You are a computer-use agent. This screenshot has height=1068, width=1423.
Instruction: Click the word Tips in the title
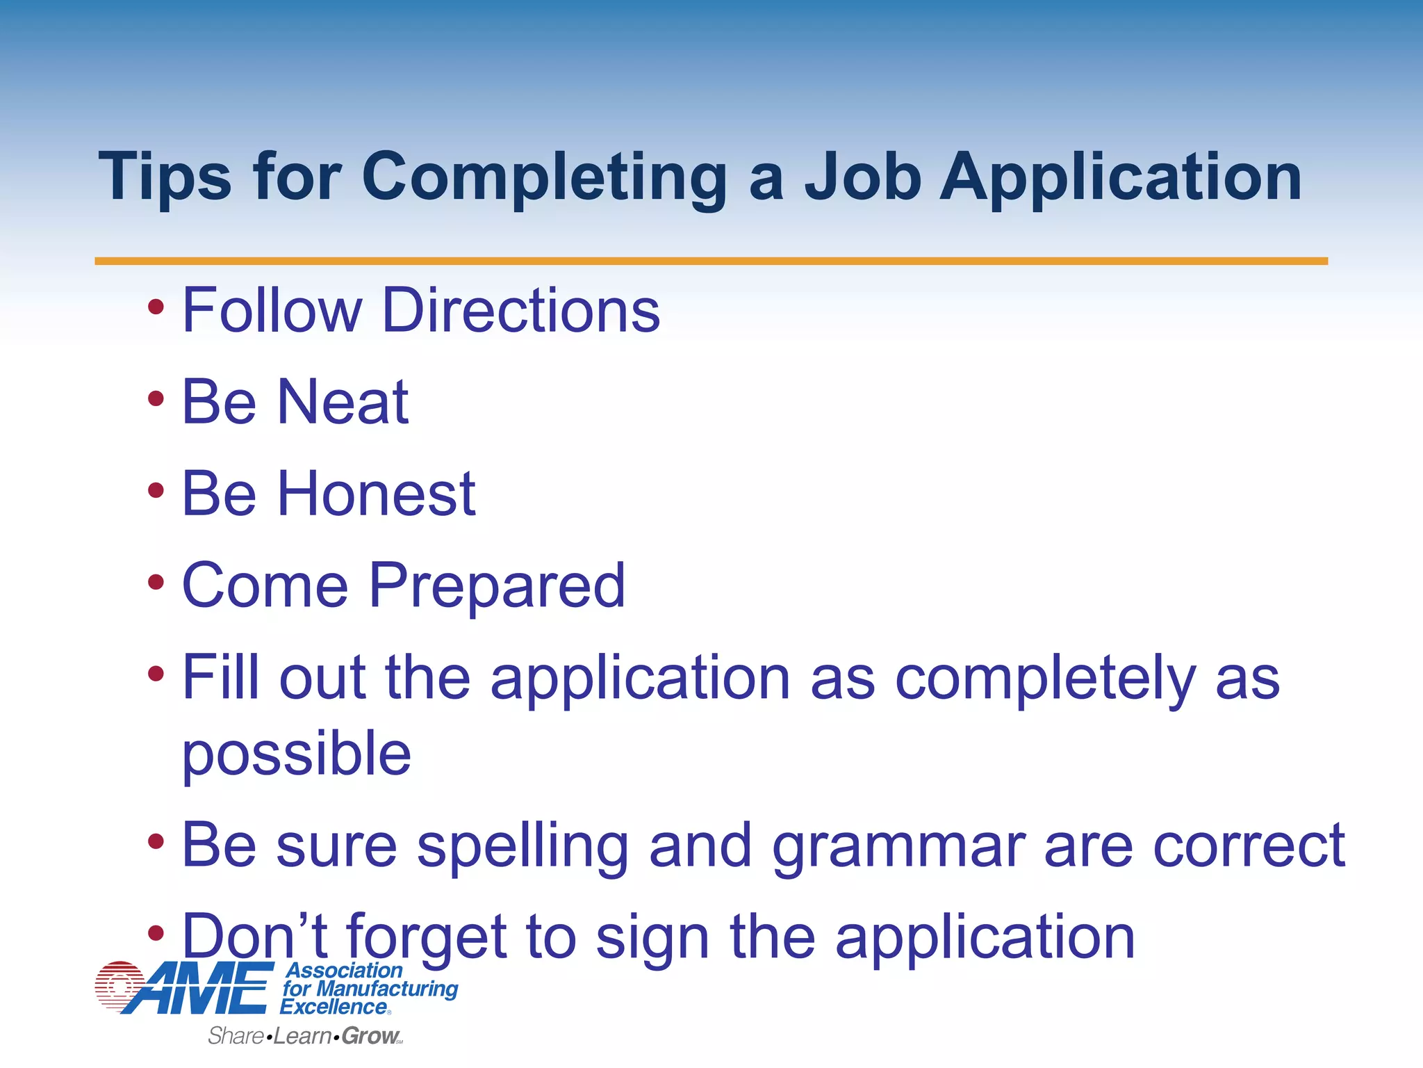coord(165,177)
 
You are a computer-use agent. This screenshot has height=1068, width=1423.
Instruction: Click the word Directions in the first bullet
coord(521,310)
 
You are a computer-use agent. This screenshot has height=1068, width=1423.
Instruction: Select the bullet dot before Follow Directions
coord(156,307)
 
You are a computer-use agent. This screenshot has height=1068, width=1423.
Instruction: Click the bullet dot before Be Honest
coord(156,490)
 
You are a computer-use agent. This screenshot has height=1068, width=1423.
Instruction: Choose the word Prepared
coord(497,585)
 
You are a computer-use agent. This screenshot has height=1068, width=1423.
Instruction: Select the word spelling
coord(523,846)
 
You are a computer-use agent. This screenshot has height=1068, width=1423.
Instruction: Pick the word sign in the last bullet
coord(652,938)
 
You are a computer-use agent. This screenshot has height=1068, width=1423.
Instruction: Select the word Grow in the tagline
coord(370,1036)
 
